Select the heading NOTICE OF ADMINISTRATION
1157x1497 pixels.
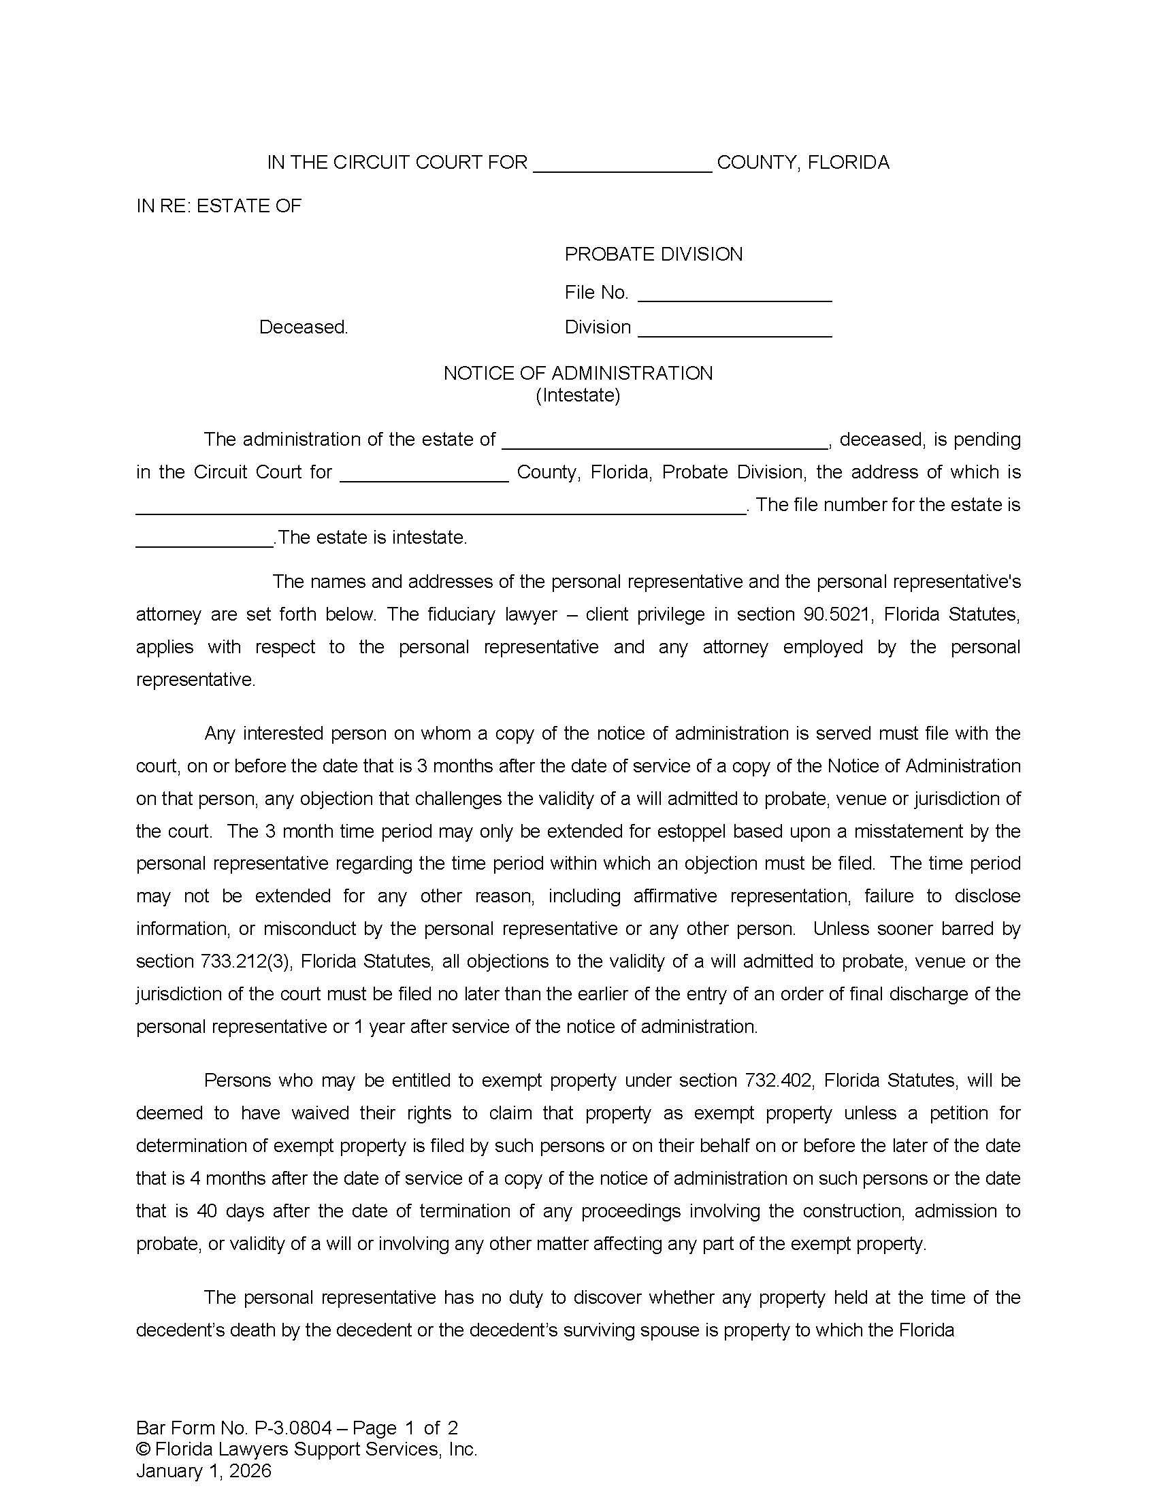578,373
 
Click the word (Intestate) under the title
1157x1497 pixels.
578,395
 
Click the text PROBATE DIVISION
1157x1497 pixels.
653,254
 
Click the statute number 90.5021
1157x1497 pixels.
836,614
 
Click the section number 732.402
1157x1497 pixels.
779,1081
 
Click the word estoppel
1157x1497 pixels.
691,832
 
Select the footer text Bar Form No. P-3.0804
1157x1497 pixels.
233,1428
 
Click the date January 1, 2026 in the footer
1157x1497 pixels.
203,1471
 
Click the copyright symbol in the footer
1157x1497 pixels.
142,1449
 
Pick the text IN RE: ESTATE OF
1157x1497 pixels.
218,206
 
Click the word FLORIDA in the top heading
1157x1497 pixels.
848,163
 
